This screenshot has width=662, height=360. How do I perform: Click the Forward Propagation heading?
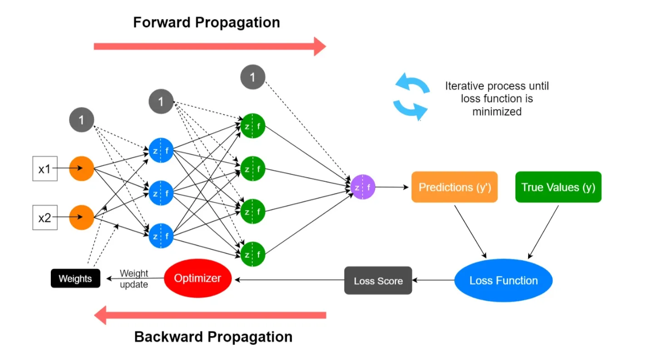(206, 22)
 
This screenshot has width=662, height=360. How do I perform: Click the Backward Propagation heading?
(213, 337)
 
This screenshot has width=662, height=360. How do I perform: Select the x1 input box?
(45, 169)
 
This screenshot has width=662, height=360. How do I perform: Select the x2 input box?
(45, 217)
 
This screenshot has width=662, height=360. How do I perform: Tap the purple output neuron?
(363, 187)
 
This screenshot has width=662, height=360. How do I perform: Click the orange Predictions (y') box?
(454, 187)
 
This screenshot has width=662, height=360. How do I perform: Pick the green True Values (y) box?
(558, 187)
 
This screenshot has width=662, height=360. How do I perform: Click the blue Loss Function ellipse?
(503, 281)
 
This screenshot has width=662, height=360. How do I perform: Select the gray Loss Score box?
(378, 281)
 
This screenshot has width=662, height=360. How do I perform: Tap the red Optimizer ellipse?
(197, 278)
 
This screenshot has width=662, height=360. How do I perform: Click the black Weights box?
(75, 278)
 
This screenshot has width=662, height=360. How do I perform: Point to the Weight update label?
(134, 279)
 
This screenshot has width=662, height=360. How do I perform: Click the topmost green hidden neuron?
(253, 126)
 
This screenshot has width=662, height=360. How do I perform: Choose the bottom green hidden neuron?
(253, 254)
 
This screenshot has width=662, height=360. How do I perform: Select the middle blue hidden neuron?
(161, 193)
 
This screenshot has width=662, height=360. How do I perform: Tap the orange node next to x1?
(82, 168)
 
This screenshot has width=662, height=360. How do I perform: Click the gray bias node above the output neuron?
(253, 78)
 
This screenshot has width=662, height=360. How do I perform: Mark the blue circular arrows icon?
(411, 98)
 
